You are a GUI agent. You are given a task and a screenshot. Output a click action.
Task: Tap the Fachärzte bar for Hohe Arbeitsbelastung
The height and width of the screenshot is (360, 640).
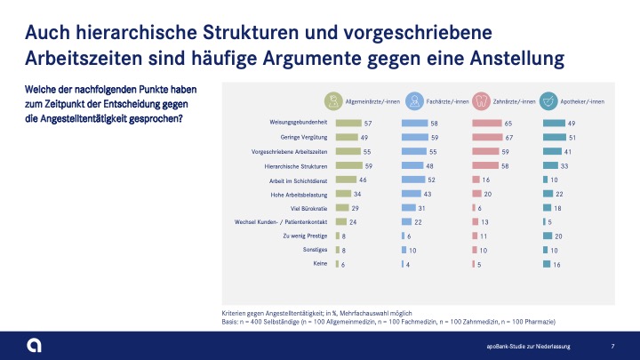412,195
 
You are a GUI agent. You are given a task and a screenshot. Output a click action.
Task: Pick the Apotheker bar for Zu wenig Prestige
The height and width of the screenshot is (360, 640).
548,236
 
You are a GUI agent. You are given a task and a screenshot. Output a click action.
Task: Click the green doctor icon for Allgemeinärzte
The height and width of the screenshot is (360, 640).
332,101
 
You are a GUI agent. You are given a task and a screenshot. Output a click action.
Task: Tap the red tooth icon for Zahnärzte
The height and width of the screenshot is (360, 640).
481,101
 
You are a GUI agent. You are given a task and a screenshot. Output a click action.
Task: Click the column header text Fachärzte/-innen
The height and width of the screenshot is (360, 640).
448,101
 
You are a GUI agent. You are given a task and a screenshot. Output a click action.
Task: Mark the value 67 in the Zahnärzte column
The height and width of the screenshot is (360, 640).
510,138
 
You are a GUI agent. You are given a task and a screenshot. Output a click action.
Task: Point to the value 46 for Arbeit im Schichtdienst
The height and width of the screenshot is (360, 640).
364,180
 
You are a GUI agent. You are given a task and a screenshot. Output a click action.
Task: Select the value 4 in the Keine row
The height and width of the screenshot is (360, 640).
409,265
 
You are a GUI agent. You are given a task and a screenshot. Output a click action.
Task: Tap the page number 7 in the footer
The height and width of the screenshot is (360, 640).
612,345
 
